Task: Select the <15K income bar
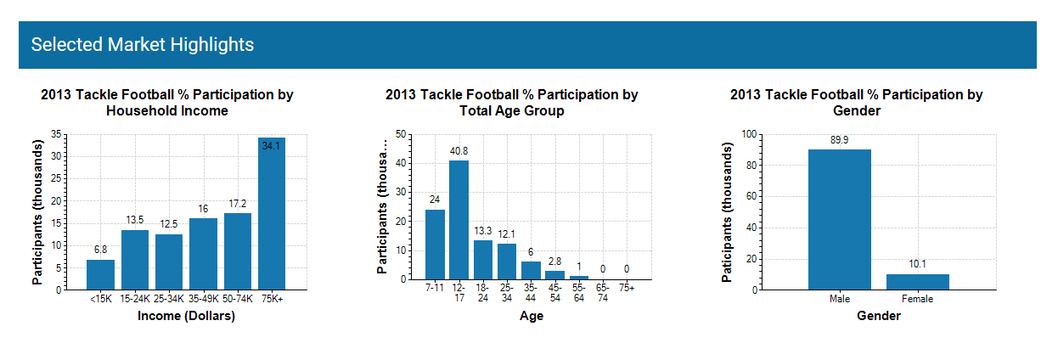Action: tap(100, 274)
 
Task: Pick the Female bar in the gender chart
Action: tap(917, 281)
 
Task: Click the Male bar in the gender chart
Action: tap(839, 219)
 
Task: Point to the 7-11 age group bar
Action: tap(435, 244)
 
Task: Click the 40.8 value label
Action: tap(459, 151)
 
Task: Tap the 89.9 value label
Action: tap(839, 140)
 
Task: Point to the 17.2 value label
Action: tap(237, 204)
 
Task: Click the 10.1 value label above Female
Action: tap(917, 264)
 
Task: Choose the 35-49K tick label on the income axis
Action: tap(203, 299)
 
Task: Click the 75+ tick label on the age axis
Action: tap(627, 288)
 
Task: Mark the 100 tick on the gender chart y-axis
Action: tap(748, 134)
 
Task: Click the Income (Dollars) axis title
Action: tap(186, 317)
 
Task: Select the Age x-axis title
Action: tap(531, 317)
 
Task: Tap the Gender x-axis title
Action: tap(879, 317)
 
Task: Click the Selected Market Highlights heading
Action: tap(143, 44)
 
